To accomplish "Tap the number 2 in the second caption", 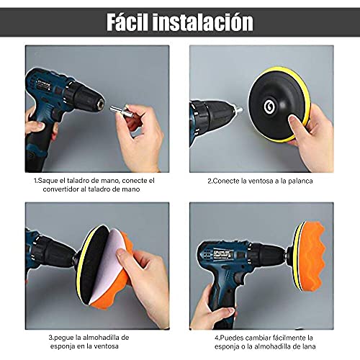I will point(210,180).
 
